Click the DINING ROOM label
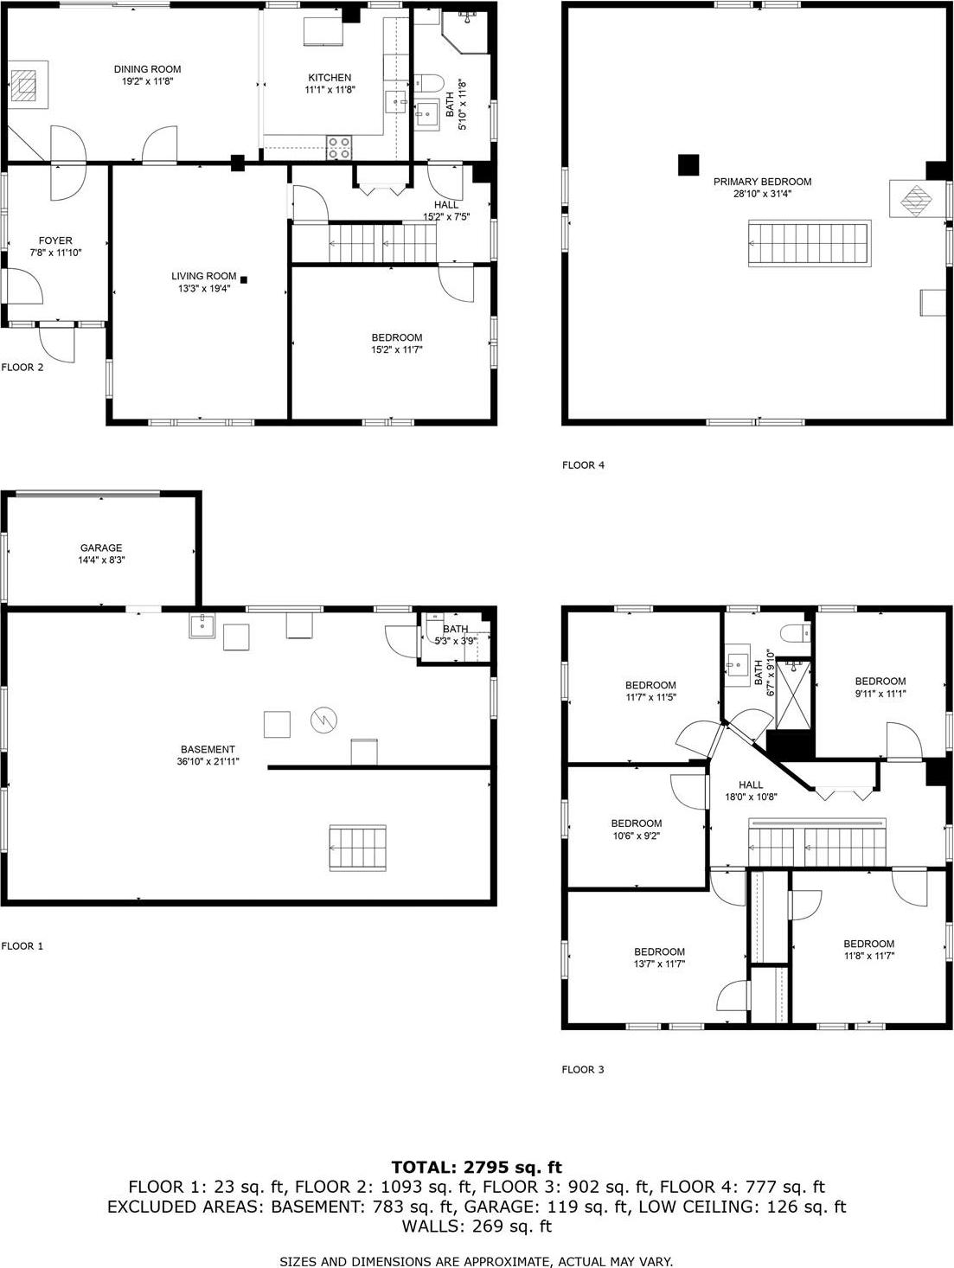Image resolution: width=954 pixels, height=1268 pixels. (147, 69)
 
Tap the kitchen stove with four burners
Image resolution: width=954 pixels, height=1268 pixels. (340, 147)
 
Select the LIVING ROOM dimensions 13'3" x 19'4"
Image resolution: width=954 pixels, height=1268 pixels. (203, 289)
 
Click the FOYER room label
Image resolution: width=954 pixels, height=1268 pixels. (55, 240)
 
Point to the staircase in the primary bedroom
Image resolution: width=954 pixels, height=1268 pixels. (809, 243)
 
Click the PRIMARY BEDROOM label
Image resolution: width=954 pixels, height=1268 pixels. (762, 182)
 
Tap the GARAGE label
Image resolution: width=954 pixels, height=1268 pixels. (101, 548)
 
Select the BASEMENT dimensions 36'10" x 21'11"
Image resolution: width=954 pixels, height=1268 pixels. (208, 762)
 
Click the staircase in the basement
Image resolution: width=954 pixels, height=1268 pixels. (357, 849)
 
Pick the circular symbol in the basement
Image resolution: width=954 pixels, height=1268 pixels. (324, 719)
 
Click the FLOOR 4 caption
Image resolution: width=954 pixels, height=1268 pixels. (583, 465)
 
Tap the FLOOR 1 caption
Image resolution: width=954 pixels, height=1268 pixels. (22, 946)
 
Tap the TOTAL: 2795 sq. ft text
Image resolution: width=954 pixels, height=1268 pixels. (477, 1168)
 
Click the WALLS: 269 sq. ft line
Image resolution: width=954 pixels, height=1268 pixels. (477, 1226)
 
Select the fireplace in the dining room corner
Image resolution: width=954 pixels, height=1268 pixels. (26, 84)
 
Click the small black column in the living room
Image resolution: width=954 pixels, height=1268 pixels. (244, 279)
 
